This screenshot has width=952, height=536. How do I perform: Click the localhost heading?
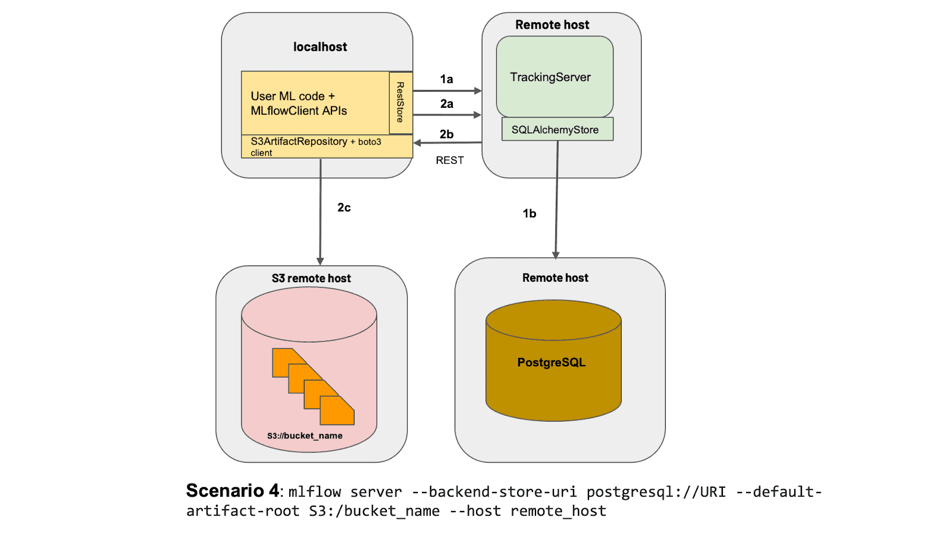tap(320, 46)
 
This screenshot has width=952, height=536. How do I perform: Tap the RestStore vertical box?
tap(400, 102)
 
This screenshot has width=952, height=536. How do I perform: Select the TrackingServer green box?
tap(555, 77)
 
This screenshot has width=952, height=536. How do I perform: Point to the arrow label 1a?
tap(446, 79)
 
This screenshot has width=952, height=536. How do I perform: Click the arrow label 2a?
tap(447, 104)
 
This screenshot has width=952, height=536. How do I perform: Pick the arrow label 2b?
tap(446, 134)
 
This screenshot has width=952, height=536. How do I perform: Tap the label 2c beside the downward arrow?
tap(344, 207)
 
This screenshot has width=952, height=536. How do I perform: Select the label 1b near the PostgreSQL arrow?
tap(529, 213)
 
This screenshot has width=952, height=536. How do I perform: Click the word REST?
tap(450, 160)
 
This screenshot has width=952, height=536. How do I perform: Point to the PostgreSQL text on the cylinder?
tap(551, 362)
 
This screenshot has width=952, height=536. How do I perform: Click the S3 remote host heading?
tap(311, 278)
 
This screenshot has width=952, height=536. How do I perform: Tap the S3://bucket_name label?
tap(305, 436)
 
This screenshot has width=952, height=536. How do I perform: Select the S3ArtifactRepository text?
tap(299, 141)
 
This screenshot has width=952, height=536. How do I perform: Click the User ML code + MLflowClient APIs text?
tap(299, 103)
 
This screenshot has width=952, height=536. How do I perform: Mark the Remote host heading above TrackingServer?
tap(552, 24)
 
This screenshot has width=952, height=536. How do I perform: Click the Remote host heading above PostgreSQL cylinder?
tap(555, 278)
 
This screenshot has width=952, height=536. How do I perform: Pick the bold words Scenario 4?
tap(232, 491)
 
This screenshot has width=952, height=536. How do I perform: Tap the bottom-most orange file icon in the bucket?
tap(337, 412)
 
